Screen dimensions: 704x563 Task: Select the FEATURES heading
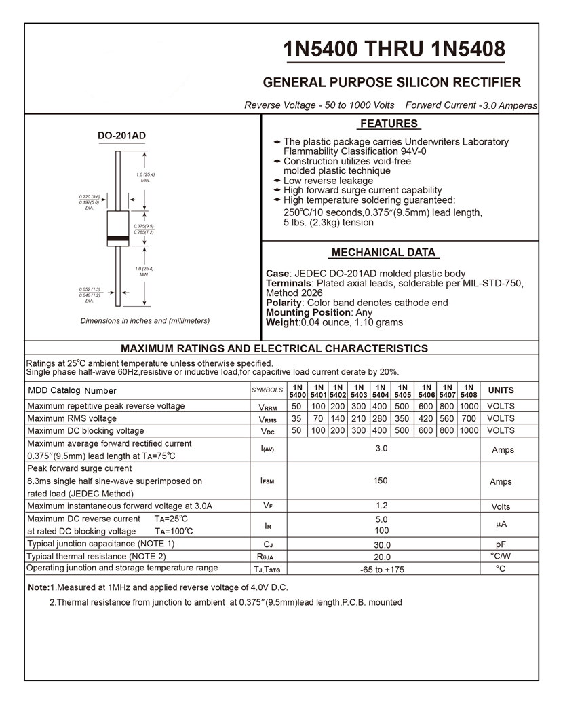[389, 124]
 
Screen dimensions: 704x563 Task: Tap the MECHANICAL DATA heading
[383, 253]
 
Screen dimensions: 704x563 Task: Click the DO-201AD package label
[121, 136]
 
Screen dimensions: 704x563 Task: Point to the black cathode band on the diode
[118, 238]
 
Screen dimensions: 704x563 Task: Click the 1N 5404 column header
[381, 390]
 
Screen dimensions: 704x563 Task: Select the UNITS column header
[501, 390]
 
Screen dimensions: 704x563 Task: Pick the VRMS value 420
[425, 418]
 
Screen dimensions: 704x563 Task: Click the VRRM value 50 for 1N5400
[296, 406]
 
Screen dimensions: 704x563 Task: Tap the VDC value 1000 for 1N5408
[469, 430]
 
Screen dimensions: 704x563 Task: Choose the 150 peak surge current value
[381, 481]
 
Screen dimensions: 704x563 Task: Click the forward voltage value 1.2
[381, 506]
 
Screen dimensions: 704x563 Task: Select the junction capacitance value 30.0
[382, 545]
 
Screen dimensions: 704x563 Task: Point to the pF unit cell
[501, 544]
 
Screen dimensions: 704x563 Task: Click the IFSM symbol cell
[267, 481]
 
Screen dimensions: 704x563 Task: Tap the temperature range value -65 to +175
[382, 570]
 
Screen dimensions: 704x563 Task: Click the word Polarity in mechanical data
[284, 303]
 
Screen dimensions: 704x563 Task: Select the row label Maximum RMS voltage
[72, 418]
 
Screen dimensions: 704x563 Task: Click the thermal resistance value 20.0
[382, 557]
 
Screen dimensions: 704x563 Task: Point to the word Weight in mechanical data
[282, 322]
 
